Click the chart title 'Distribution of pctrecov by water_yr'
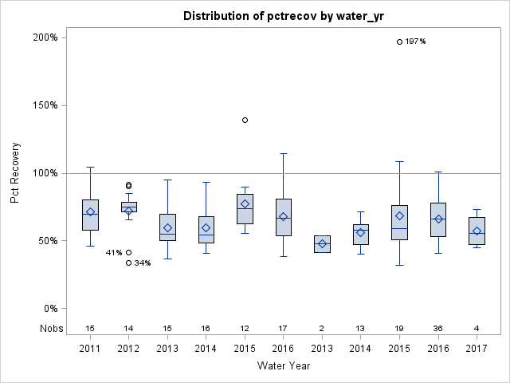287,16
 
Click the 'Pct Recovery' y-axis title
15,173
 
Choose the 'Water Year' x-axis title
284,365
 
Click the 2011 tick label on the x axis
90,349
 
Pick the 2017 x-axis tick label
477,349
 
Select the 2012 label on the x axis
128,349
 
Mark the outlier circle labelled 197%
399,41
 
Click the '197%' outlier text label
415,41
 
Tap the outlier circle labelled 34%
128,263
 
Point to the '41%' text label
114,253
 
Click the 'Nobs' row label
50,328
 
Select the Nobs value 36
438,328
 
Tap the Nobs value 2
322,328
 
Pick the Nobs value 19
399,328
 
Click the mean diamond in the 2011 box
90,212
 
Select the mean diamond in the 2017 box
477,231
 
